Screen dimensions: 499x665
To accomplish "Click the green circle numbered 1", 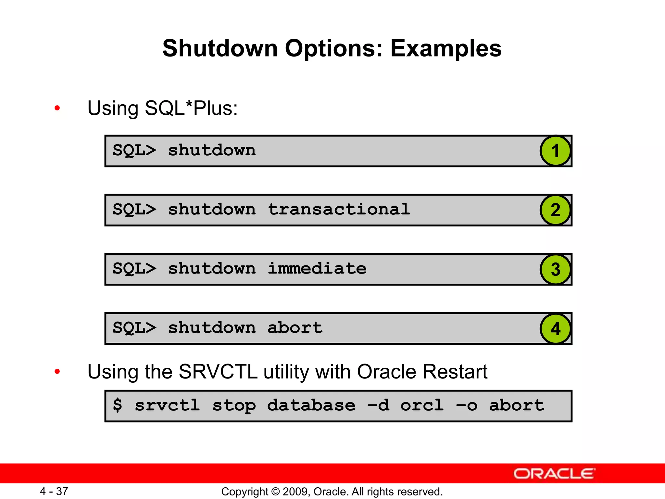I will pyautogui.click(x=555, y=151).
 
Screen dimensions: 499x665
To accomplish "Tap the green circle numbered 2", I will pyautogui.click(x=555, y=210).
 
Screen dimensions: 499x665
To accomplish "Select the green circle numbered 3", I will pyautogui.click(x=555, y=269).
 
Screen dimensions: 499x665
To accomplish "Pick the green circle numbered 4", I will pyautogui.click(x=555, y=328).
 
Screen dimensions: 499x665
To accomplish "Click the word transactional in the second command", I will pyautogui.click(x=339, y=210).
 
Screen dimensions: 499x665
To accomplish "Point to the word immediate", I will pyautogui.click(x=317, y=269).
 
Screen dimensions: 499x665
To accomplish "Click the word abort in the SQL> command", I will pyautogui.click(x=295, y=328).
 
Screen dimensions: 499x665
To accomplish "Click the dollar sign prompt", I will pyautogui.click(x=118, y=405).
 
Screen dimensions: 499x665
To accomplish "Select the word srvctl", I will pyautogui.click(x=167, y=405).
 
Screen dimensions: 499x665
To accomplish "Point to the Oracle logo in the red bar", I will pyautogui.click(x=554, y=474).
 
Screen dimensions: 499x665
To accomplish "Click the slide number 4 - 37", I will pyautogui.click(x=54, y=491).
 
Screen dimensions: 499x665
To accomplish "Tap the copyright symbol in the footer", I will pyautogui.click(x=275, y=492).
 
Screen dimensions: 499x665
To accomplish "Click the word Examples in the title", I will pyautogui.click(x=446, y=48).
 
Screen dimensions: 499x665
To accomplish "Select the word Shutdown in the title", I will pyautogui.click(x=220, y=48).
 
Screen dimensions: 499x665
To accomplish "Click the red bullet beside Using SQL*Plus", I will pyautogui.click(x=57, y=108).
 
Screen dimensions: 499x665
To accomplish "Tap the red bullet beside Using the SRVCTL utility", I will pyautogui.click(x=57, y=371).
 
